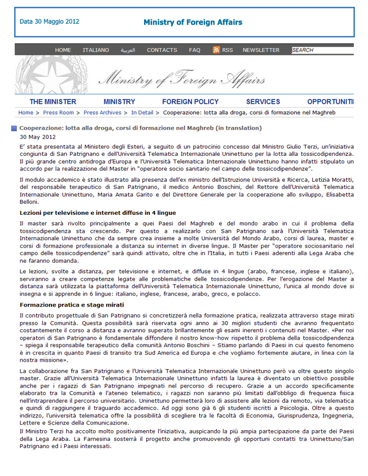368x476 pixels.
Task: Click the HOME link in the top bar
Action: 63,50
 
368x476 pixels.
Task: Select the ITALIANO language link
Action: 96,50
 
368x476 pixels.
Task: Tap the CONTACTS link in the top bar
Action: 162,50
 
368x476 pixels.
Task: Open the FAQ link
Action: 195,50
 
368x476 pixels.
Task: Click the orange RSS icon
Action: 216,50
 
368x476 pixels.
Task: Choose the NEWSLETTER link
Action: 261,50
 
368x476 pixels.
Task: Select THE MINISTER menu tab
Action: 53,102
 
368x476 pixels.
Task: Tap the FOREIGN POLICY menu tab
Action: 190,102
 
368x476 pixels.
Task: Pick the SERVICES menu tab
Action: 263,102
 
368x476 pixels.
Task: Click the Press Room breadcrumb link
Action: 58,113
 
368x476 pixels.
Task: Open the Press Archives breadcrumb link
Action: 103,113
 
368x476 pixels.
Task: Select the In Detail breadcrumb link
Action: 142,113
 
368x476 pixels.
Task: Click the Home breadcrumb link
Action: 26,113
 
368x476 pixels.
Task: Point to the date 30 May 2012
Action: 38,137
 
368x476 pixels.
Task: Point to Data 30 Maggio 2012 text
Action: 49,22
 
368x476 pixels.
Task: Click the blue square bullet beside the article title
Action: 14,128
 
